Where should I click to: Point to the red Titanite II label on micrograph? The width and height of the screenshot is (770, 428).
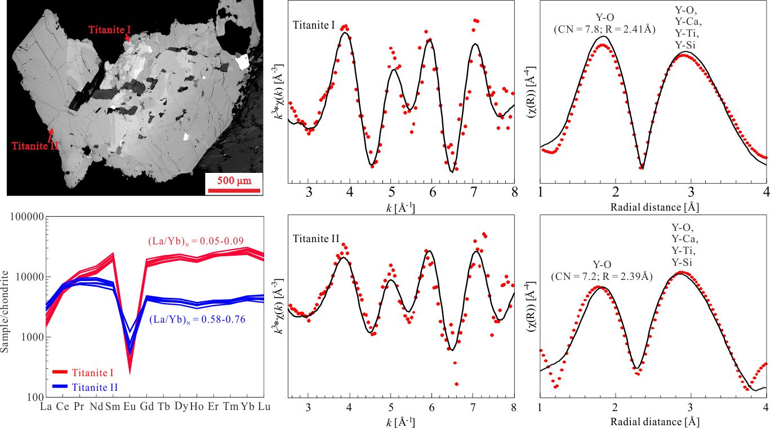click(x=35, y=146)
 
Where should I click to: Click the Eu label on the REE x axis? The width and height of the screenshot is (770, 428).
click(x=128, y=406)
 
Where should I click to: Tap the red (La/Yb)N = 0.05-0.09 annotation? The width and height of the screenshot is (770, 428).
click(x=195, y=242)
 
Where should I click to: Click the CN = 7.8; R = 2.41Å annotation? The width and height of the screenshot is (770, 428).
click(x=604, y=29)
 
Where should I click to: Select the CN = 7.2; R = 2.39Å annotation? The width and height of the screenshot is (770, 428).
click(x=602, y=277)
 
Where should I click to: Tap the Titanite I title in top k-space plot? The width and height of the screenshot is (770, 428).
click(x=315, y=25)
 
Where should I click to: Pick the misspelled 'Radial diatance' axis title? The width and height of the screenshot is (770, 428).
click(x=655, y=420)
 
